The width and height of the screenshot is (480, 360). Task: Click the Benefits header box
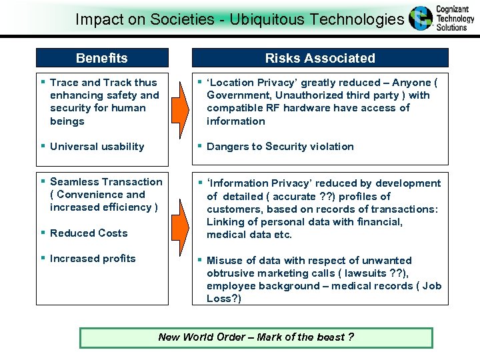pos(102,58)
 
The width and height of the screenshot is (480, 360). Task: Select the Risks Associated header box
pos(320,58)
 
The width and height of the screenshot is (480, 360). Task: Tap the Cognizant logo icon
pos(421,19)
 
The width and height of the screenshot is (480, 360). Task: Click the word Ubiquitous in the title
pos(267,19)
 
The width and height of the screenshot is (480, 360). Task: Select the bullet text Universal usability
pos(97,147)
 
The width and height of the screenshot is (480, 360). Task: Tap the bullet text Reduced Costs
pos(89,233)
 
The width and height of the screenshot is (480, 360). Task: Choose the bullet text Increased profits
pos(93,259)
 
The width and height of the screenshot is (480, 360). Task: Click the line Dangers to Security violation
pos(280,147)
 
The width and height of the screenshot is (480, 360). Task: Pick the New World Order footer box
pos(256,337)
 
